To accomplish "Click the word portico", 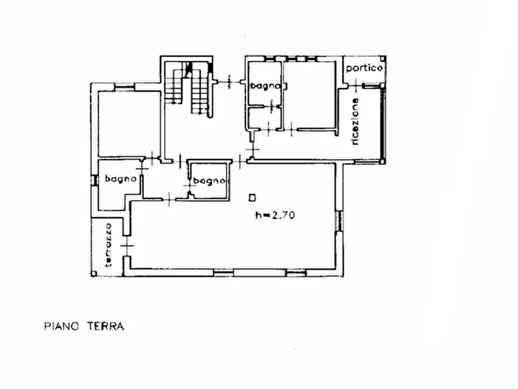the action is (x=364, y=68).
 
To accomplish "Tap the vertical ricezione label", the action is (x=355, y=121).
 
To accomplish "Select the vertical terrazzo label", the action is (x=108, y=245).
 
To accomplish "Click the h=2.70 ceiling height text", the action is (x=275, y=215).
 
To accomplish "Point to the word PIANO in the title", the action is (x=61, y=326).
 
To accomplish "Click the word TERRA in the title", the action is (x=106, y=326).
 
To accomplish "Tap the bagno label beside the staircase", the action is (x=265, y=86).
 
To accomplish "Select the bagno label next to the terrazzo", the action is (x=121, y=179).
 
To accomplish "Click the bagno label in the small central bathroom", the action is (x=210, y=181).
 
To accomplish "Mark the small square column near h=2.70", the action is (x=252, y=198).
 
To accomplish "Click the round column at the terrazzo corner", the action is (x=94, y=273).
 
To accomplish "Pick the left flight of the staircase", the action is (x=173, y=82).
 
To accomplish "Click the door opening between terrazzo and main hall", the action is (x=127, y=246).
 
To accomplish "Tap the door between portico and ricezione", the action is (x=356, y=86).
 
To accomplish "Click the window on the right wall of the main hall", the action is (x=339, y=221).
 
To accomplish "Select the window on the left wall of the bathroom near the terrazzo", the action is (x=94, y=181).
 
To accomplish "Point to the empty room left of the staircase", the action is (x=129, y=124).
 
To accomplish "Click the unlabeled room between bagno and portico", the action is (x=310, y=94).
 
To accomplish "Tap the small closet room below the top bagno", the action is (x=265, y=118).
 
